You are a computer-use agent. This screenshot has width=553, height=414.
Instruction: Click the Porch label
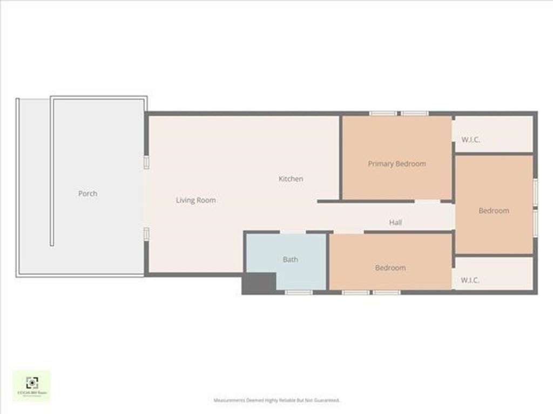(x=87, y=194)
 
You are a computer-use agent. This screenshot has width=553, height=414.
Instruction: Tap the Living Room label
(x=195, y=201)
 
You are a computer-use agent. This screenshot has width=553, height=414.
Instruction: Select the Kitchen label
(x=291, y=179)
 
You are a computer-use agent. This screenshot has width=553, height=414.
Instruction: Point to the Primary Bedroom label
(x=397, y=164)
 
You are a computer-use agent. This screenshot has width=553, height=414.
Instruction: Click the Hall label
(x=395, y=223)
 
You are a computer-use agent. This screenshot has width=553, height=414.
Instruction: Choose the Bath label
(x=290, y=260)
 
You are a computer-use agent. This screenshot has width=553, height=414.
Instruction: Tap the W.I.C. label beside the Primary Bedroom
(x=471, y=140)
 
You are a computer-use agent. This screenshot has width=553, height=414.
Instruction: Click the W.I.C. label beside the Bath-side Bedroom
(x=470, y=281)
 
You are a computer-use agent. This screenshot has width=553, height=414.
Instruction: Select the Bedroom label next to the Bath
(x=390, y=268)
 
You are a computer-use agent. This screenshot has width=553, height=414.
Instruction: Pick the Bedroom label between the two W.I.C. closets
(x=494, y=211)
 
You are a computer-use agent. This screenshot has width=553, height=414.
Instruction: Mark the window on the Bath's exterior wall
(x=299, y=292)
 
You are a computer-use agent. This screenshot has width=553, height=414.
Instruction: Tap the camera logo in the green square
(x=32, y=383)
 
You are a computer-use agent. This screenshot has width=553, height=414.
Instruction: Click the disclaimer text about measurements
(x=276, y=401)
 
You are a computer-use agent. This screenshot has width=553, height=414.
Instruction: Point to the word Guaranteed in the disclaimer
(x=328, y=401)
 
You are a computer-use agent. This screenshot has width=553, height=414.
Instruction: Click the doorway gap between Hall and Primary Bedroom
(x=427, y=202)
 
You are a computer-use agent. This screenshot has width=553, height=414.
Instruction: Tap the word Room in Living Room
(x=206, y=201)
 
